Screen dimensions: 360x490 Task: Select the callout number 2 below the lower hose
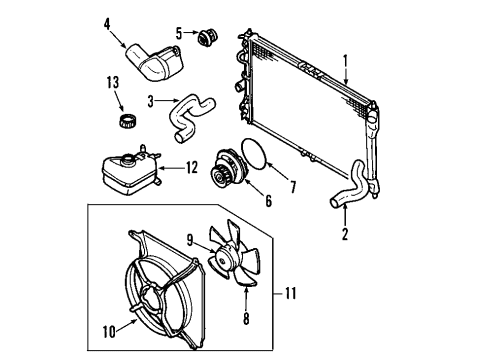[345, 235]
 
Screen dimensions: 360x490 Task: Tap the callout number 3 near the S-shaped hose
[151, 101]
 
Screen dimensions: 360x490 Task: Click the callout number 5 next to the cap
[179, 32]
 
